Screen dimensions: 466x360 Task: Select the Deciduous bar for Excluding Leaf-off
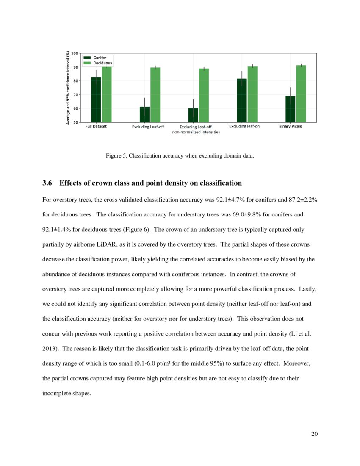[x=155, y=95]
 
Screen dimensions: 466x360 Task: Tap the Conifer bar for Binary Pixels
[x=290, y=109]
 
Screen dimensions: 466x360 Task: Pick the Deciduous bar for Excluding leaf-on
[x=252, y=94]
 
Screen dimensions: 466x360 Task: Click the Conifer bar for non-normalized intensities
[x=193, y=115]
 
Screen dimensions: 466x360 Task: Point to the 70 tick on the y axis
[x=76, y=95]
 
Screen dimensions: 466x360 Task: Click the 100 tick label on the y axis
[x=75, y=53]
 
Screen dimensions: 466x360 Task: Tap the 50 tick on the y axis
[x=76, y=122]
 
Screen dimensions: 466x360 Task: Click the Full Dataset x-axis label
[x=96, y=127]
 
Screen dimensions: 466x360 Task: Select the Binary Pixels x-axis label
[x=291, y=127]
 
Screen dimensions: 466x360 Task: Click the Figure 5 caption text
[x=180, y=156]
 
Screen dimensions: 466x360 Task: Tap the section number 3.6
[x=48, y=183]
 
